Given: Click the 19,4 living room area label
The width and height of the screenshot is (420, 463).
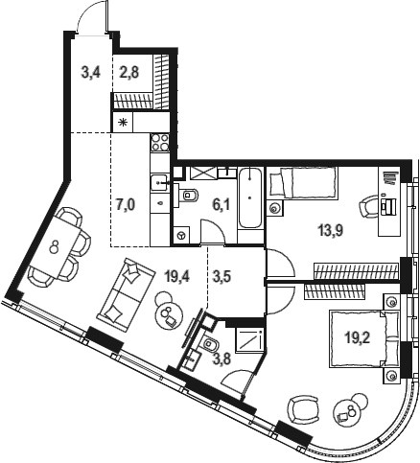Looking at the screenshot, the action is click(176, 275).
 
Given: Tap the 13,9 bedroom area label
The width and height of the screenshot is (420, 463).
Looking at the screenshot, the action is click(331, 229).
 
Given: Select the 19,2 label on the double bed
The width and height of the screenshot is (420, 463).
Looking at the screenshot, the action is click(357, 336).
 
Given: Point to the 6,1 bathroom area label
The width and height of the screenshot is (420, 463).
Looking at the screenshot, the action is click(222, 205).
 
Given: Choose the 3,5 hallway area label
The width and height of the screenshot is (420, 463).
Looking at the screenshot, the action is click(222, 276).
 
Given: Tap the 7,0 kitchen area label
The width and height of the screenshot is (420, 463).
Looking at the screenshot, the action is click(126, 205).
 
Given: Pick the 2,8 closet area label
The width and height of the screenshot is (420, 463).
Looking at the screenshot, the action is click(129, 73).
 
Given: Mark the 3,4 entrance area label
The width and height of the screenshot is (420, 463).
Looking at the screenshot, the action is click(91, 73).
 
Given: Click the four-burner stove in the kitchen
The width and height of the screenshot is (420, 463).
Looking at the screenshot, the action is click(160, 143).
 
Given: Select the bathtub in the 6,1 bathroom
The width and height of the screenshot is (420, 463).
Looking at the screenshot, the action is click(250, 197).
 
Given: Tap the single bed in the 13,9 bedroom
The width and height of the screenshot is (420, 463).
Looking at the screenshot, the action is click(303, 183).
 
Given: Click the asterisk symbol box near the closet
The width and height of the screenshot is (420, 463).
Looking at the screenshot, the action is click(123, 122).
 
